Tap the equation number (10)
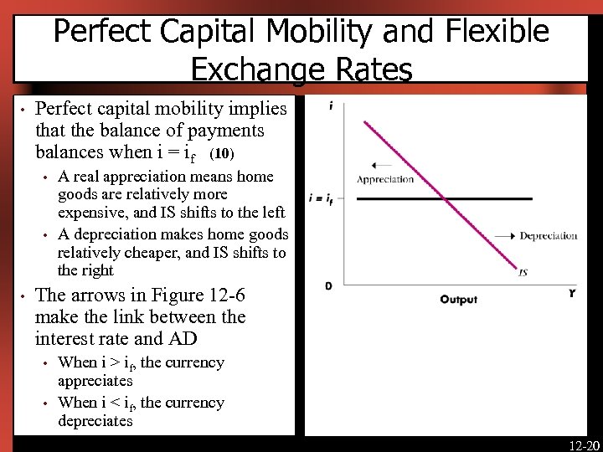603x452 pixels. [x=222, y=154]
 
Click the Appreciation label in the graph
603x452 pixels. [x=385, y=179]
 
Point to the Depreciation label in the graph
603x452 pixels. [x=549, y=236]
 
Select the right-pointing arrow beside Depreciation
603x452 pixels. [x=504, y=236]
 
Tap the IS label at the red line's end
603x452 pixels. [x=523, y=272]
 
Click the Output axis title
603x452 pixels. [x=458, y=300]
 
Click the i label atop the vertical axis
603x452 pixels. [x=332, y=105]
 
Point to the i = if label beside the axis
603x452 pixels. [x=321, y=199]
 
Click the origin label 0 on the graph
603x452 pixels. [x=328, y=286]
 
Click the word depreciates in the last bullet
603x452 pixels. [x=95, y=421]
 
